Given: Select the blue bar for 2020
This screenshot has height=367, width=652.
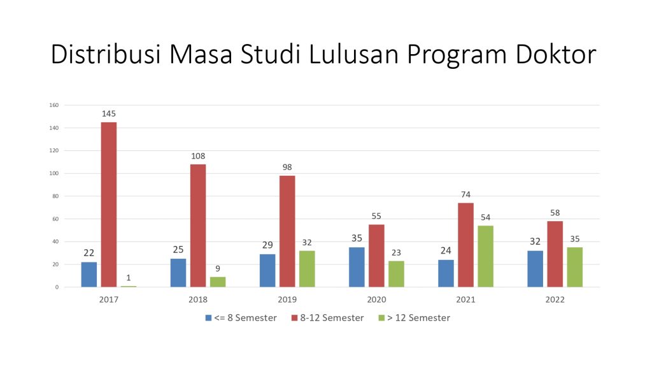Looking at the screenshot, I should tap(357, 267).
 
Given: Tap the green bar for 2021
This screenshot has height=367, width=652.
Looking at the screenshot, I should tap(485, 256).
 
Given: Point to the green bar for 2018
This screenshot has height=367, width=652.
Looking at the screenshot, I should tap(218, 282).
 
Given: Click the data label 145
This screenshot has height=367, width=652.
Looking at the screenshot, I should tap(108, 114).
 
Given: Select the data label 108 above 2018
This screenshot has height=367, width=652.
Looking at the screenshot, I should tap(197, 156).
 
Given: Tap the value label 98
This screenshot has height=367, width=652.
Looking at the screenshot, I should tap(287, 168).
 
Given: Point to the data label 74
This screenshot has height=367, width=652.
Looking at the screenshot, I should tap(465, 195).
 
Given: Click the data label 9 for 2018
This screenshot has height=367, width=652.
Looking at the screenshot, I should tap(218, 268).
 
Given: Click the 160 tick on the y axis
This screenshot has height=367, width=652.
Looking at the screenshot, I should tap(54, 105).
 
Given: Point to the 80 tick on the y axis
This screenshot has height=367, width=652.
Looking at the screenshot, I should tap(55, 196).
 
